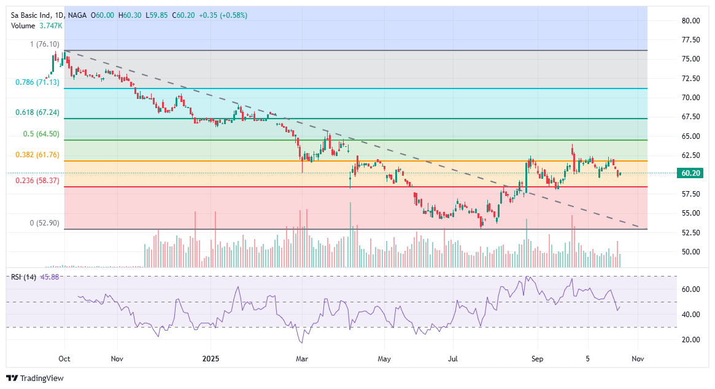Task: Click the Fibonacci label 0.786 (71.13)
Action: coord(37,82)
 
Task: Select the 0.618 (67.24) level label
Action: coord(37,112)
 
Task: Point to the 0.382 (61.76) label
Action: coord(37,155)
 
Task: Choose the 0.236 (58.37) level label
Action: coord(37,181)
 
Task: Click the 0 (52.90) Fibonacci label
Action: coord(45,223)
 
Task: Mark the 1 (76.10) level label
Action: coord(45,44)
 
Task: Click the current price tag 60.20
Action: coord(690,173)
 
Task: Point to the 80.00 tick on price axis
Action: coord(690,20)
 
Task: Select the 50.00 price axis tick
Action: coord(690,251)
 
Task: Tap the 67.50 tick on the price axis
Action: coord(690,117)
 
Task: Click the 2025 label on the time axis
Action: coord(211,358)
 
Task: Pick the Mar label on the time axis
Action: coord(301,358)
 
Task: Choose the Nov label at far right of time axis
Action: coord(638,358)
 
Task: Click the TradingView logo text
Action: coord(42,379)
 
